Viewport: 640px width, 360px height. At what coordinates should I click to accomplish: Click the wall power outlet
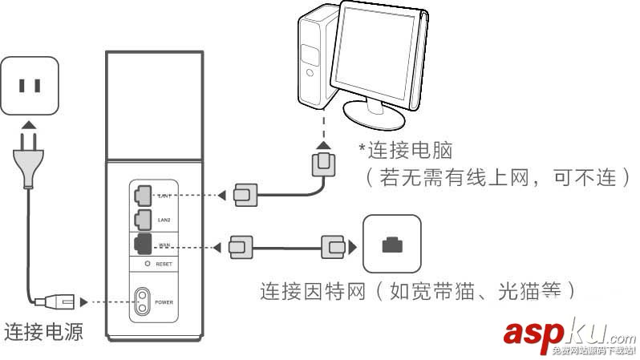pyautogui.click(x=30, y=85)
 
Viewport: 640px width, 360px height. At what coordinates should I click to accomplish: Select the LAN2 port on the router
pyautogui.click(x=143, y=216)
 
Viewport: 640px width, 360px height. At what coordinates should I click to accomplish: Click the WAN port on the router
pyautogui.click(x=143, y=242)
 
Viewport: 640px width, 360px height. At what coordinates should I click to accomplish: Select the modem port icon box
pyautogui.click(x=391, y=244)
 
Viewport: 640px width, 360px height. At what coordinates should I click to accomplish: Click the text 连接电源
pyautogui.click(x=44, y=331)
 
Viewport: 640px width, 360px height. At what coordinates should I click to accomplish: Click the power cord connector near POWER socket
pyautogui.click(x=61, y=302)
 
